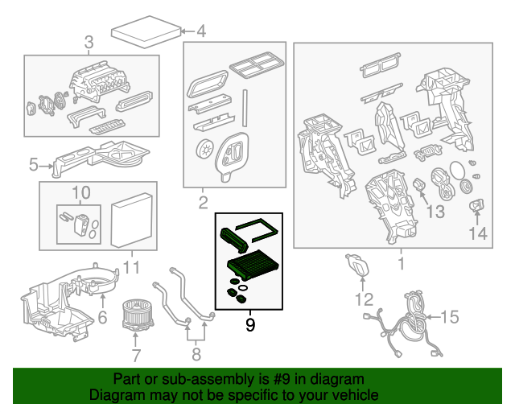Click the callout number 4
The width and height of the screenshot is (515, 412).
point(201,32)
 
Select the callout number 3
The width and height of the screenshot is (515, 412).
point(89,42)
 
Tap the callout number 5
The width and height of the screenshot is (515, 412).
point(34,166)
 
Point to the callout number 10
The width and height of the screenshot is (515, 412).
point(81,192)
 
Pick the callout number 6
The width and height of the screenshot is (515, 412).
point(102,318)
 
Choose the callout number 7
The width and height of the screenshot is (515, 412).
point(136,355)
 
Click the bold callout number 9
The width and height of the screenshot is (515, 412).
point(249,326)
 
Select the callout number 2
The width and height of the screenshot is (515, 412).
point(204,201)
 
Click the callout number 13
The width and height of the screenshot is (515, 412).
point(435,212)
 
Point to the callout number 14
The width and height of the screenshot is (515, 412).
point(478,233)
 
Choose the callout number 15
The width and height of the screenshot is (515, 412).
point(449,317)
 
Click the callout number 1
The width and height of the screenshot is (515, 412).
point(402,262)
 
